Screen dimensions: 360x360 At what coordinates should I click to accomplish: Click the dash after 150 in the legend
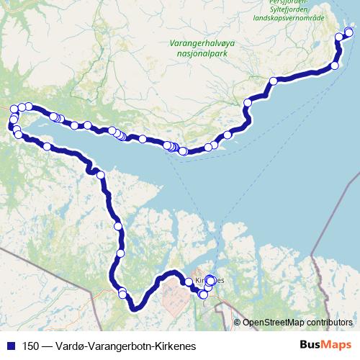[x=47, y=346]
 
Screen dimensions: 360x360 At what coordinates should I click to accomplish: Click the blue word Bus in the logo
[x=310, y=346]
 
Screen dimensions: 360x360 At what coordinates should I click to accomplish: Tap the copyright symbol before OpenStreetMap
[x=238, y=323]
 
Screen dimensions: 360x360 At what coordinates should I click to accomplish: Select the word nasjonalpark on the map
[x=202, y=53]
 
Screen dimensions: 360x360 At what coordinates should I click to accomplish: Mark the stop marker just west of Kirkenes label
[x=189, y=282]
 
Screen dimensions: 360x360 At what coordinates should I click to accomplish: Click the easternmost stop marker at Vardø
[x=349, y=32]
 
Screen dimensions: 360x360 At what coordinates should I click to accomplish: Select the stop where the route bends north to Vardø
[x=334, y=66]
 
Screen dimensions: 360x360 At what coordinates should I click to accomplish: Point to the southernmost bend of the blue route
[x=134, y=309]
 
